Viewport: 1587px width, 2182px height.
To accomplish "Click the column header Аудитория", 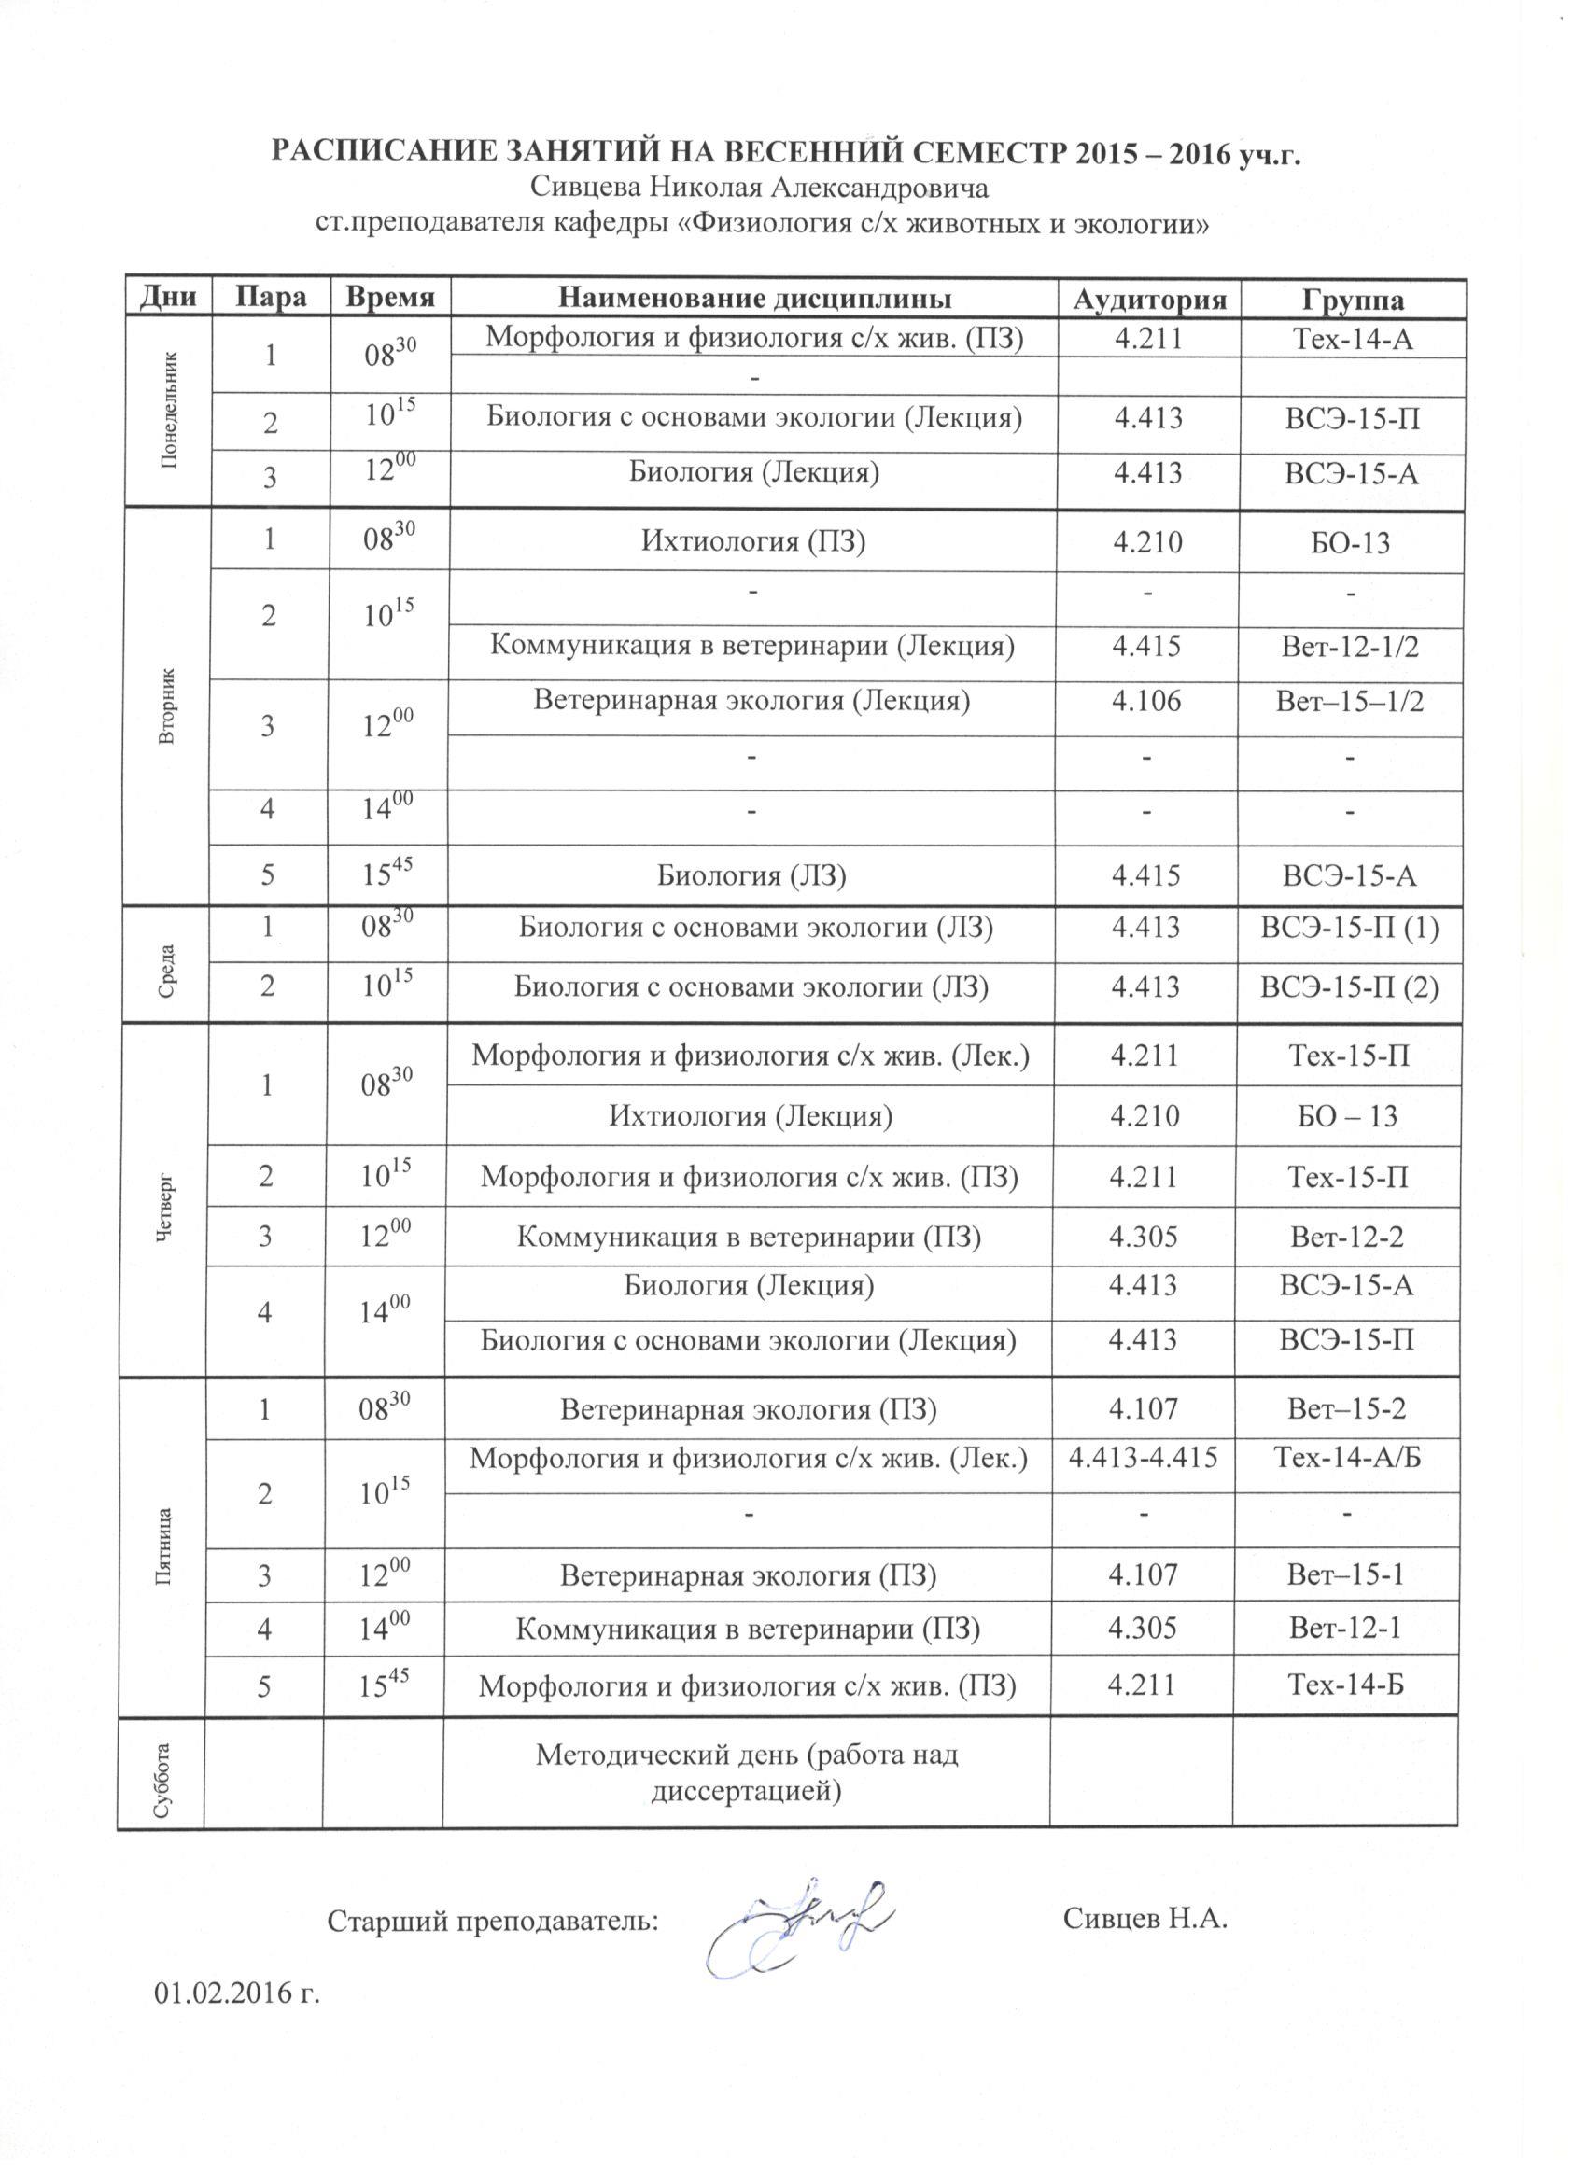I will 1150,299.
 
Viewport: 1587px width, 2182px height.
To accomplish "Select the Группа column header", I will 1353,299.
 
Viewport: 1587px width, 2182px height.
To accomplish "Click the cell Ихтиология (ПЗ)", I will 753,541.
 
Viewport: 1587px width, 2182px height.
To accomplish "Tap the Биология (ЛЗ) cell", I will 751,874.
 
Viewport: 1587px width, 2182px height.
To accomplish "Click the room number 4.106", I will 1146,700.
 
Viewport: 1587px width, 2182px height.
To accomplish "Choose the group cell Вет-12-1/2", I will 1350,645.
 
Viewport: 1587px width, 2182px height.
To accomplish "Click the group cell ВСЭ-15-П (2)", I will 1349,987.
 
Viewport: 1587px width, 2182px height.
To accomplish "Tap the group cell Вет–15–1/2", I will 1349,700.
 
